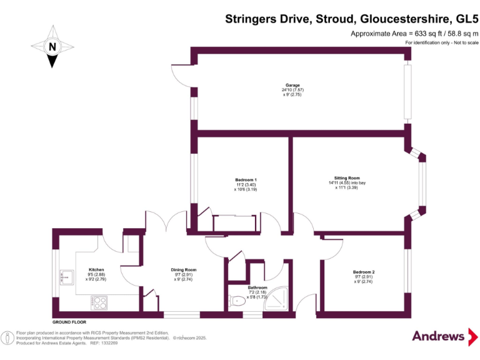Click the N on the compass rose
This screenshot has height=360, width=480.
52,46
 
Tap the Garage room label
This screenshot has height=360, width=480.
292,85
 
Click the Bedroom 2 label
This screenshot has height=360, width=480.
364,272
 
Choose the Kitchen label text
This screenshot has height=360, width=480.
96,269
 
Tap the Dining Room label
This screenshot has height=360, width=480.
184,270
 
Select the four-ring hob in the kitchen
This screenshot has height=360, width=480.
99,303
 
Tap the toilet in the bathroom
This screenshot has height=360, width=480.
237,301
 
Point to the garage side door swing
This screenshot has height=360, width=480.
181,74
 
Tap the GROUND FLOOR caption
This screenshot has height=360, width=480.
69,320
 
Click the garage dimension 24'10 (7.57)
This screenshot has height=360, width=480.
292,90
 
